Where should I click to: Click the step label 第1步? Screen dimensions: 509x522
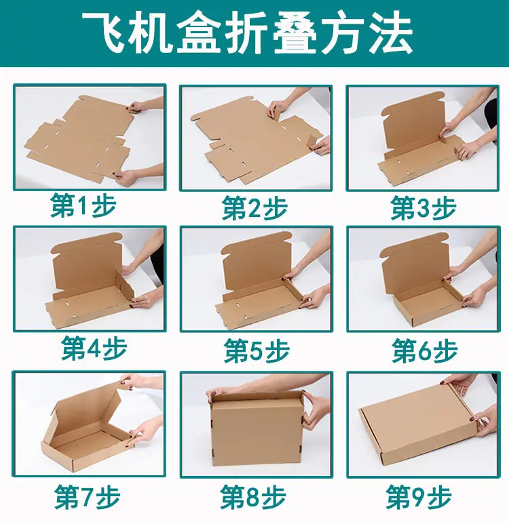point(83,205)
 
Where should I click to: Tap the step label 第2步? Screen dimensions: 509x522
point(255,207)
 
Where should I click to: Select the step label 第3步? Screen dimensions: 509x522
point(423,207)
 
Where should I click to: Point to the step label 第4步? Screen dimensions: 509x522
point(94,348)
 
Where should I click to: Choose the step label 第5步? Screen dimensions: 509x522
point(257,350)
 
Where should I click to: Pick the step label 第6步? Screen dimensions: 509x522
point(425,350)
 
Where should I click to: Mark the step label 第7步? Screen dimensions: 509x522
point(88,497)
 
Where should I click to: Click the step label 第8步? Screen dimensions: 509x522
point(253,497)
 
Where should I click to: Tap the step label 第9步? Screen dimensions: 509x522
point(419,497)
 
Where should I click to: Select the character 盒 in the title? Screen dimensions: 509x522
point(199,33)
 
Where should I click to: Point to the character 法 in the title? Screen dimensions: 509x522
point(391,33)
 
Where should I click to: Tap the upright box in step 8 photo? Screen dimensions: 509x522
point(257,428)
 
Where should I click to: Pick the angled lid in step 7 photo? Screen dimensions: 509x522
point(88,411)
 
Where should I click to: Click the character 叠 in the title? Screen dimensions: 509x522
point(295,33)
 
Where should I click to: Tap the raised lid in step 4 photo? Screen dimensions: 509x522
point(87,263)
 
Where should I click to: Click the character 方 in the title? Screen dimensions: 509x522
point(343,33)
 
